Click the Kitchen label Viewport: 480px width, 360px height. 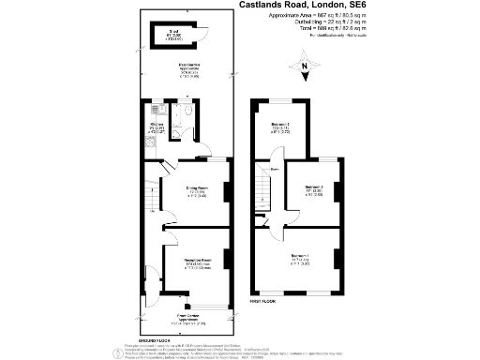[x=158, y=127]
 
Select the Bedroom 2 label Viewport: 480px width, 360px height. [x=313, y=189]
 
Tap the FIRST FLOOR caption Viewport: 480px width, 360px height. [x=262, y=301]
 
